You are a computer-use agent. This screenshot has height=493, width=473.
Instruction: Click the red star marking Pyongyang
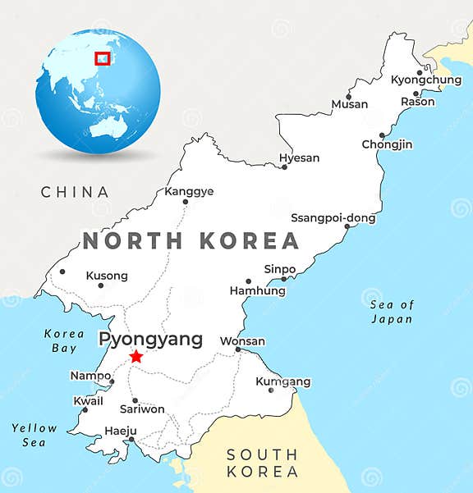coord(135,357)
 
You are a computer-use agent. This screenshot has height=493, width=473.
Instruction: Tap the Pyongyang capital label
coord(150,339)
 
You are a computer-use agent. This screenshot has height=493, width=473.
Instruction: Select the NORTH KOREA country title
coord(191,241)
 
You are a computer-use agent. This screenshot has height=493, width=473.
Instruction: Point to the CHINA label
coord(75,192)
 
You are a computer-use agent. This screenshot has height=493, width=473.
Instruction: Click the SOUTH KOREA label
coord(262,463)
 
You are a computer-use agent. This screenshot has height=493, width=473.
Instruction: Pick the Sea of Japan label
coord(392,312)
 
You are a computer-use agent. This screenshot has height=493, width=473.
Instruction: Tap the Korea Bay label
coord(63,340)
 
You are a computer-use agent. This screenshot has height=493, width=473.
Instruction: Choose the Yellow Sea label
coord(34,435)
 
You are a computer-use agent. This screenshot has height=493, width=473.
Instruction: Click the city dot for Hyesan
coord(285,167)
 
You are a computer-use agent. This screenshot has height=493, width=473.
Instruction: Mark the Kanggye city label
coord(189,191)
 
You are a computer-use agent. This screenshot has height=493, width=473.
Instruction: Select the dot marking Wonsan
coord(238,349)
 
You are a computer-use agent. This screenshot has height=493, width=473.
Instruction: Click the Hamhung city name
coord(257,290)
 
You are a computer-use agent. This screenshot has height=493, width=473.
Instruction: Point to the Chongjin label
coord(387,144)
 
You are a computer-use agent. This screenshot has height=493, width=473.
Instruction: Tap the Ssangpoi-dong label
coord(333,218)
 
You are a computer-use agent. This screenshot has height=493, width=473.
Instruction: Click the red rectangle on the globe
coord(103,57)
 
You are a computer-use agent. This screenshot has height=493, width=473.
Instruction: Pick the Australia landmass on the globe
coord(108,126)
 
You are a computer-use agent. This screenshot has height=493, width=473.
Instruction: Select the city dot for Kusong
coord(101,285)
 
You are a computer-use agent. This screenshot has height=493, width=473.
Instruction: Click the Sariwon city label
coord(142,409)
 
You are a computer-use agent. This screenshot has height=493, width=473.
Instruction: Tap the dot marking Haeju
coord(131,440)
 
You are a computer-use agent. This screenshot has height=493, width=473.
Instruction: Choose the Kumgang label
coord(282,381)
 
